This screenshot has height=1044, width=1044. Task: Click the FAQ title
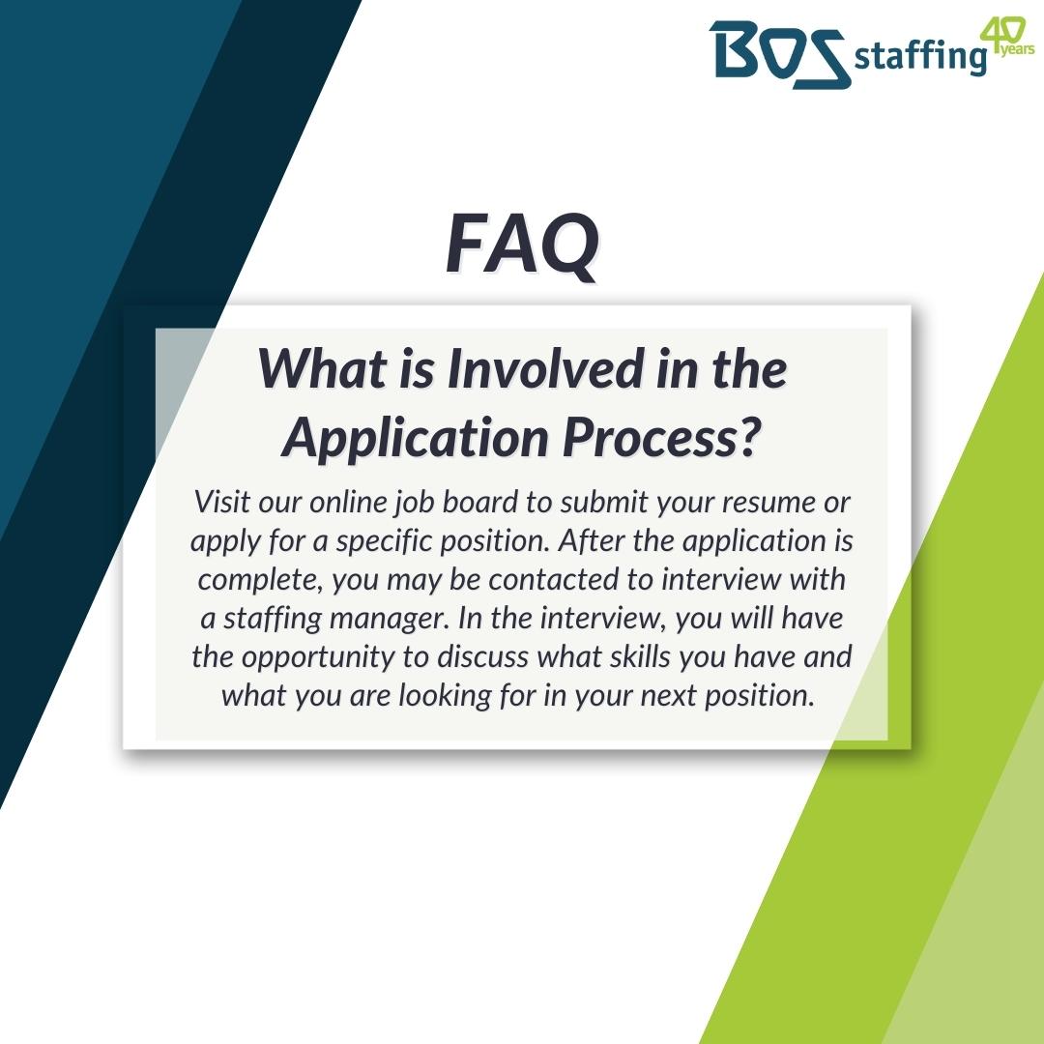[522, 245]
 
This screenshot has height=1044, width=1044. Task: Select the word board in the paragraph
[507, 504]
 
